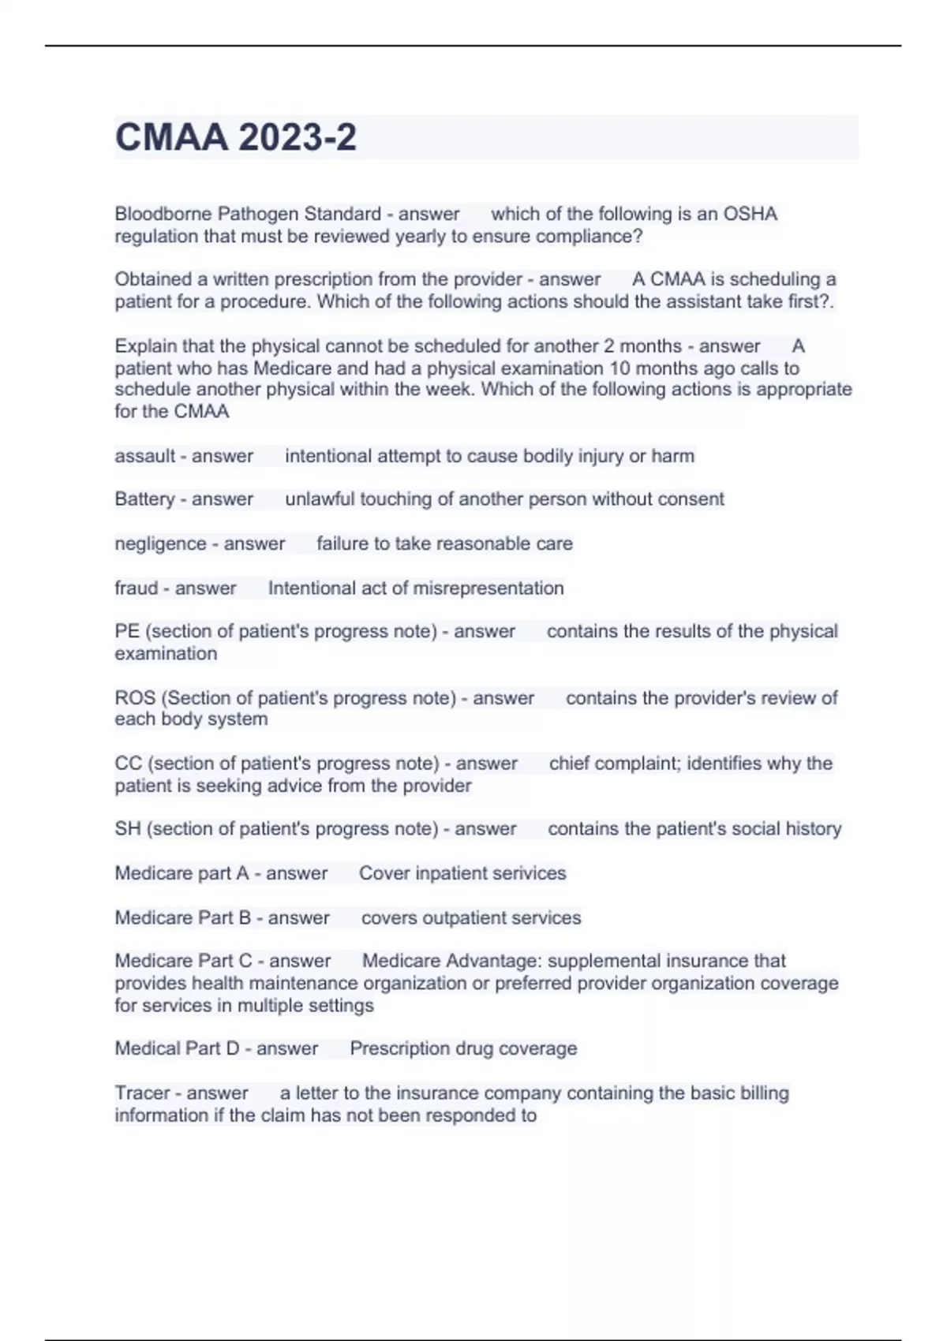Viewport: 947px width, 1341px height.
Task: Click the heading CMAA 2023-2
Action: (235, 137)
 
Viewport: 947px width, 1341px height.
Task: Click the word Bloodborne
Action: (163, 214)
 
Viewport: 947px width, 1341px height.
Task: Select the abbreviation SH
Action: (127, 829)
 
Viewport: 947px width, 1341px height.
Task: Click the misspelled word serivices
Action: (526, 873)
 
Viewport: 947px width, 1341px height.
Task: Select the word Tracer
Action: (142, 1093)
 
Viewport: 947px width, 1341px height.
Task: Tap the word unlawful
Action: (320, 499)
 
